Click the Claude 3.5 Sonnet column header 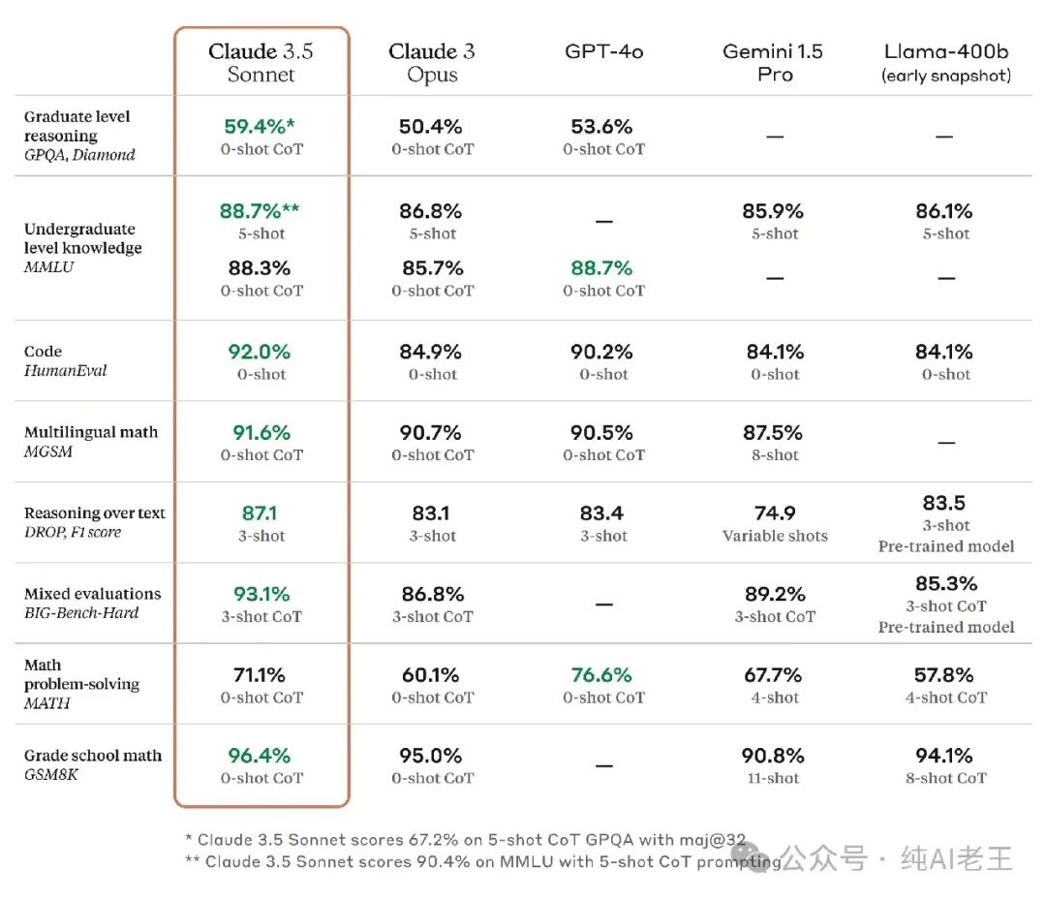pos(261,62)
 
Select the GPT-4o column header pos(604,51)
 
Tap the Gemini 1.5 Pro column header pos(774,62)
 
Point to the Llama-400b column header pos(946,62)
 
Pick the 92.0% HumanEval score pos(261,353)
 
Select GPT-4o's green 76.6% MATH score pos(602,675)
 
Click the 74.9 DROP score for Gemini pos(775,513)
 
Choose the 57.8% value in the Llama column pos(945,675)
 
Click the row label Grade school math pos(93,756)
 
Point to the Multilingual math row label pos(91,432)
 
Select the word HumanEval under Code pos(66,371)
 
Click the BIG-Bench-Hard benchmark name pos(81,613)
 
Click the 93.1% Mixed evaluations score pos(261,594)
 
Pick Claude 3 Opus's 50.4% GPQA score pos(432,127)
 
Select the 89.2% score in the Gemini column pos(775,594)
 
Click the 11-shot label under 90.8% pos(775,778)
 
